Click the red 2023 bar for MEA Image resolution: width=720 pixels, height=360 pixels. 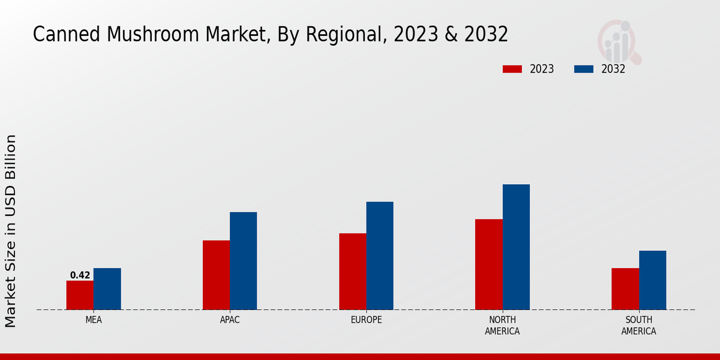80,295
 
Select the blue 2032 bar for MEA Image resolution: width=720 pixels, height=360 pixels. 107,289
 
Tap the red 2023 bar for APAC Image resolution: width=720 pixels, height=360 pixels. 216,275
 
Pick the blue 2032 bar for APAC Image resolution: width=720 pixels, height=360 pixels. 243,261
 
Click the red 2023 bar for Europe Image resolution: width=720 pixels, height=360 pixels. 352,271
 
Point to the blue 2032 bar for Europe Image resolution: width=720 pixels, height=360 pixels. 380,256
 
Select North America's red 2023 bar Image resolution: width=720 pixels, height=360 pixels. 488,265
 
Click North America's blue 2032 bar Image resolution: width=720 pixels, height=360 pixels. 516,247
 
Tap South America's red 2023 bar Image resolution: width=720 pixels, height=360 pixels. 625,289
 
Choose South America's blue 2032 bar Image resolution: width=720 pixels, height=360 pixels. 652,280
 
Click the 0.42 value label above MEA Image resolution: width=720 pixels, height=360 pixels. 80,275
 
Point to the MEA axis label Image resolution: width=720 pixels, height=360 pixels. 94,320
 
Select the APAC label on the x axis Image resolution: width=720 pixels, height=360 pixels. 230,320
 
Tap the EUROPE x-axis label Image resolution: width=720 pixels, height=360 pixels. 366,320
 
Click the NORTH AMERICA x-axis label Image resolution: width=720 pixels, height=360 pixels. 503,325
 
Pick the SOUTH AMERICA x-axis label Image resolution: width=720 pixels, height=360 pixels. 638,325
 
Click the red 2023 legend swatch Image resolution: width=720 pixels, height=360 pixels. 512,69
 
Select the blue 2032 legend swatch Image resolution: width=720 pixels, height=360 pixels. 584,69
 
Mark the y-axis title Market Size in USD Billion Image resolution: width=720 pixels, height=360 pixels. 11,231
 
